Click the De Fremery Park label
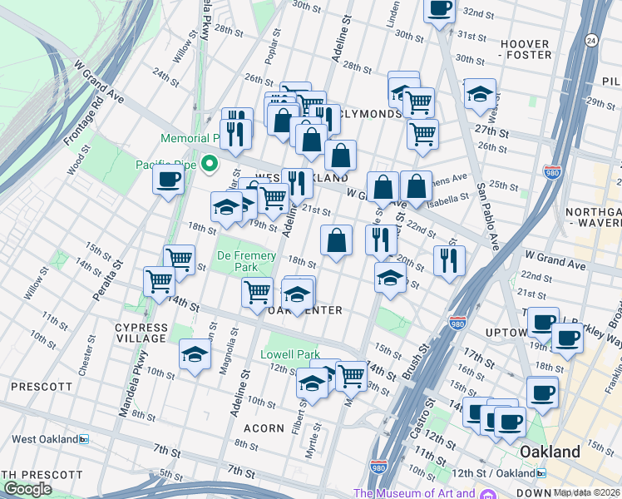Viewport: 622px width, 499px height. pyautogui.click(x=237, y=261)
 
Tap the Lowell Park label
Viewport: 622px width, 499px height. pyautogui.click(x=290, y=354)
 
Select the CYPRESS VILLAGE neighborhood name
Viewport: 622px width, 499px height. pyautogui.click(x=141, y=333)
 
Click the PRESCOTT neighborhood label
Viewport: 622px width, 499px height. pyautogui.click(x=40, y=387)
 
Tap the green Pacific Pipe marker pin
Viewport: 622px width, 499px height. pyautogui.click(x=210, y=163)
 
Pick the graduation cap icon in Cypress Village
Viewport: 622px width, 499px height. pyautogui.click(x=195, y=355)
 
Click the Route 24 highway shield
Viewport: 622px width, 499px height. pyautogui.click(x=591, y=39)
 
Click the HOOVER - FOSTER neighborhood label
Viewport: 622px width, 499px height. pyautogui.click(x=525, y=49)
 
